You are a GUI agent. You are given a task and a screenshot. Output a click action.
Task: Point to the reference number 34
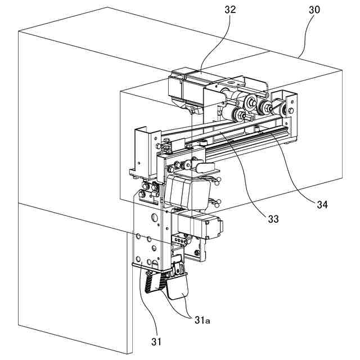pyautogui.click(x=321, y=204)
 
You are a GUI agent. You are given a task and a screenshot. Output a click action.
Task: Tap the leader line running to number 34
pyautogui.click(x=292, y=169)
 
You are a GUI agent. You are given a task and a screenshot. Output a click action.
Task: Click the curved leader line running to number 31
pyautogui.click(x=143, y=304)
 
